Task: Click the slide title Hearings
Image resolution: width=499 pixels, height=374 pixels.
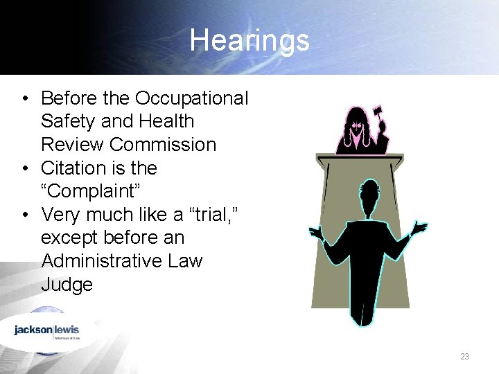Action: coord(249,39)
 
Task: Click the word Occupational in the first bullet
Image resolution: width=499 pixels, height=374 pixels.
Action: coord(192,98)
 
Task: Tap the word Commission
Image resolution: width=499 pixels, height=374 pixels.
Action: coord(163,145)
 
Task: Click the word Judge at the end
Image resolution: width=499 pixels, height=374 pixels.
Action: coord(67,285)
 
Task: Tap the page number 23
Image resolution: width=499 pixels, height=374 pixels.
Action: coord(464,356)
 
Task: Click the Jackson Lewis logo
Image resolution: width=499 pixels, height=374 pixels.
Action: coord(47,330)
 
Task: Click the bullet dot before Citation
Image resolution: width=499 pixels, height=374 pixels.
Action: coord(24,168)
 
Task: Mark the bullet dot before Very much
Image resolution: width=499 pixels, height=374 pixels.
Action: coord(24,215)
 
